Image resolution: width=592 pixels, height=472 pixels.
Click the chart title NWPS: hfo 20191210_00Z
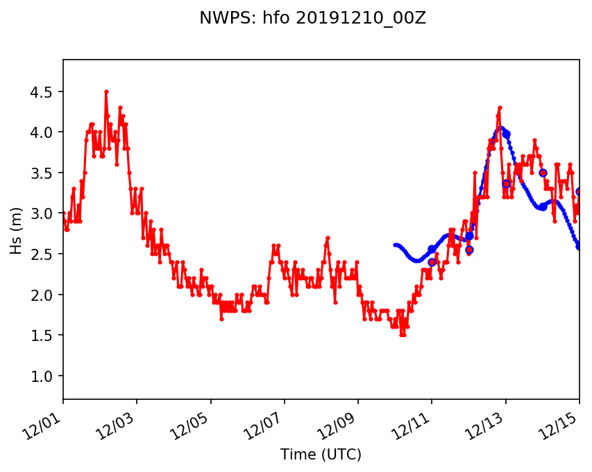[x=312, y=19]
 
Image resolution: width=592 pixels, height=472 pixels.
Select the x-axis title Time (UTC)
[x=321, y=455]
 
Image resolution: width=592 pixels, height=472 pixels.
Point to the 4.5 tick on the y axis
[x=44, y=91]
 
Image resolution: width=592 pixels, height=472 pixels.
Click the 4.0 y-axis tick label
[x=44, y=132]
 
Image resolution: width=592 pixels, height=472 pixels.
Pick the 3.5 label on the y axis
[x=44, y=173]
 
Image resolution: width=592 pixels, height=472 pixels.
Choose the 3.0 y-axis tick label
[x=44, y=213]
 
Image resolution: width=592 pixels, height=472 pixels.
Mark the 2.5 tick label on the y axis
[x=44, y=254]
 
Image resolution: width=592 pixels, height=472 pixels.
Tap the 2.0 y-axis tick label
[x=44, y=295]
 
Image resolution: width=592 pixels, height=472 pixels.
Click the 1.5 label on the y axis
[x=44, y=335]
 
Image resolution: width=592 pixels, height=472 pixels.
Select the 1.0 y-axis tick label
[x=44, y=376]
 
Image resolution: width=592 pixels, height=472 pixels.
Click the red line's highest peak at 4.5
[x=106, y=91]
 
